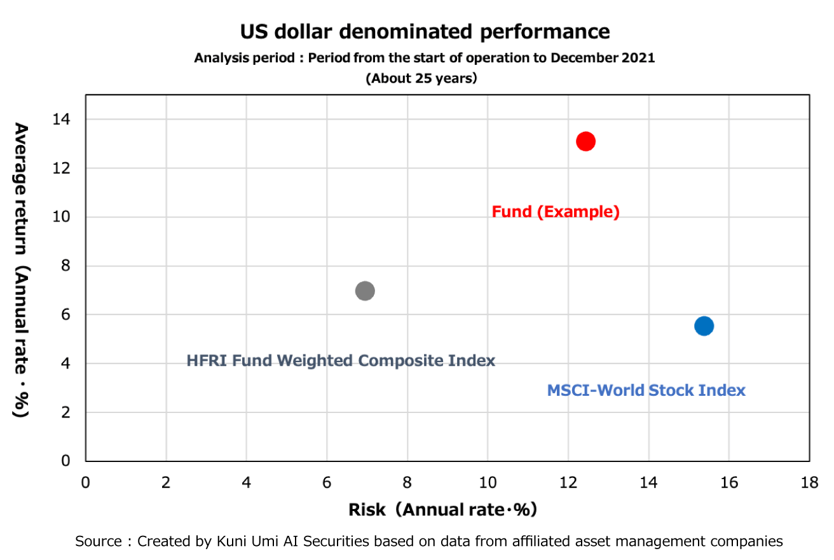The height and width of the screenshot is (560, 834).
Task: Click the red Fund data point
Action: pos(585,141)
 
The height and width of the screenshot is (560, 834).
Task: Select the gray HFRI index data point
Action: pos(365,291)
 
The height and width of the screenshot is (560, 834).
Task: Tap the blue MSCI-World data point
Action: pos(704,326)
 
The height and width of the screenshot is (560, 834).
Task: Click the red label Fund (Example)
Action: pos(556,212)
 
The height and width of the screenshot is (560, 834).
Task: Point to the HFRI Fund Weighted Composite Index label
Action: pos(341,361)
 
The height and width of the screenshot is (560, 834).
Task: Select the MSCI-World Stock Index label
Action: pos(646,390)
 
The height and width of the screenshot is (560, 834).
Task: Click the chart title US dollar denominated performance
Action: pos(425,31)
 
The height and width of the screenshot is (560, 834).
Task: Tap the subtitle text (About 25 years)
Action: pos(421,78)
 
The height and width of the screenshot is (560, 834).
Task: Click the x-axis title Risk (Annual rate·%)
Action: pos(442,510)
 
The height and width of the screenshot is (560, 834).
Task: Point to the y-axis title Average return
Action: pos(21,188)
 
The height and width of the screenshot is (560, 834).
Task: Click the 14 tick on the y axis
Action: pos(61,119)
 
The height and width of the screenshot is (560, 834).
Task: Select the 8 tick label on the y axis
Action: pos(65,266)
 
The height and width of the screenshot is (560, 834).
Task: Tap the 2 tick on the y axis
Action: pos(65,412)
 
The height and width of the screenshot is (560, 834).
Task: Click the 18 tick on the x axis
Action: pos(809,482)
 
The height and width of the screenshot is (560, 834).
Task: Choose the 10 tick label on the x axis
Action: pos(488,482)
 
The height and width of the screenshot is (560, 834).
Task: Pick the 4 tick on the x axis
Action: pos(247,482)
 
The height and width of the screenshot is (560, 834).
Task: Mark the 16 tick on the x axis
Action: pos(729,482)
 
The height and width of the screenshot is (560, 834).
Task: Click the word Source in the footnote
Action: pos(99,542)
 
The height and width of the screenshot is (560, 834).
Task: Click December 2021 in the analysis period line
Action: pos(603,58)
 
